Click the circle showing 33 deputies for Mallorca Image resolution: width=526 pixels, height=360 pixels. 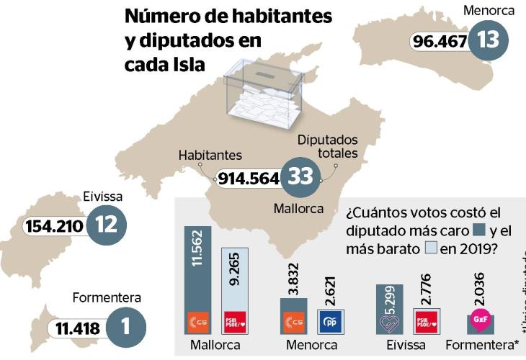[x=300, y=178]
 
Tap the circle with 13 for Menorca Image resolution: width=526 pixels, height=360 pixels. [x=488, y=40]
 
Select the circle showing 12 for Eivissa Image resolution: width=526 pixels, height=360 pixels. [x=106, y=225]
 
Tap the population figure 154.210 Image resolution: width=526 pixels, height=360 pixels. [x=54, y=226]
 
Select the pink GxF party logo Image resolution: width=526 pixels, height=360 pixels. [x=478, y=318]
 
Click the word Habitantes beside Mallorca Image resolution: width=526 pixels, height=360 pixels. [x=210, y=155]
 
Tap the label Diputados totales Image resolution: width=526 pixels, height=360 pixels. [x=328, y=148]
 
